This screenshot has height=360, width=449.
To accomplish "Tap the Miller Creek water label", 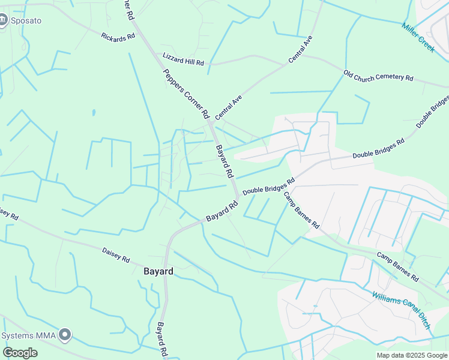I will (x=418, y=38).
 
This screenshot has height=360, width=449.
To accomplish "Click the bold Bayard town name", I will (x=158, y=271).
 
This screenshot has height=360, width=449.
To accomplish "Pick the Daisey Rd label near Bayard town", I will (x=116, y=255).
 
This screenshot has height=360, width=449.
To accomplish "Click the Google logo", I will (x=20, y=353).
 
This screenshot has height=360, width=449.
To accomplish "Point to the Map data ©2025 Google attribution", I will (x=411, y=355).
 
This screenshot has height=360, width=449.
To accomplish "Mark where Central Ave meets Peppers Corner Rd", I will (x=211, y=122).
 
